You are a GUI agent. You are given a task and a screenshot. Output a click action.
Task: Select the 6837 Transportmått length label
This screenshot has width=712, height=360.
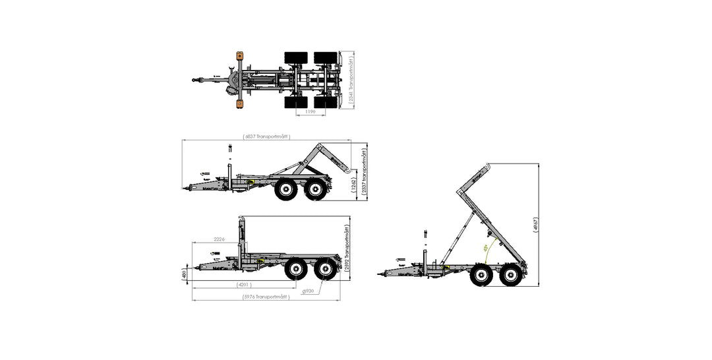(x=266, y=136)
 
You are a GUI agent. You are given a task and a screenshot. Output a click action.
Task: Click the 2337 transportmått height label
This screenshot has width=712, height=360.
(x=365, y=170)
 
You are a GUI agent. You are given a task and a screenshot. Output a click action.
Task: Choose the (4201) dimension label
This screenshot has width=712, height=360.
(x=245, y=285)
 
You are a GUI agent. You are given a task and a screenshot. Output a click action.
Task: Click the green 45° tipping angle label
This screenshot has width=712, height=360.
(x=486, y=249)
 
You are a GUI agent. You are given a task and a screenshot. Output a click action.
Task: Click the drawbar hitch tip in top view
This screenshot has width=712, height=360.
(x=194, y=80)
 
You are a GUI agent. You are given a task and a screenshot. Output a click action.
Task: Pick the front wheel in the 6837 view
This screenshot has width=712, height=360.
(x=287, y=191)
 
